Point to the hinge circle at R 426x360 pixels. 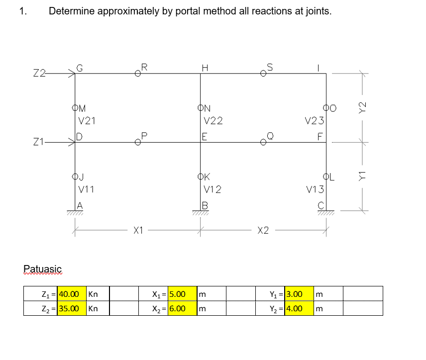[x=138, y=74]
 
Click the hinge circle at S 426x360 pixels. [x=263, y=74]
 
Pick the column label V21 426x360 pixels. [x=88, y=120]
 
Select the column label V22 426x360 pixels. [x=213, y=120]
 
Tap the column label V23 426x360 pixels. [x=314, y=120]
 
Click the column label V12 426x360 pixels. [x=213, y=189]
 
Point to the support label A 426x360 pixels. [x=79, y=206]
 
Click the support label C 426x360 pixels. [x=321, y=206]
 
